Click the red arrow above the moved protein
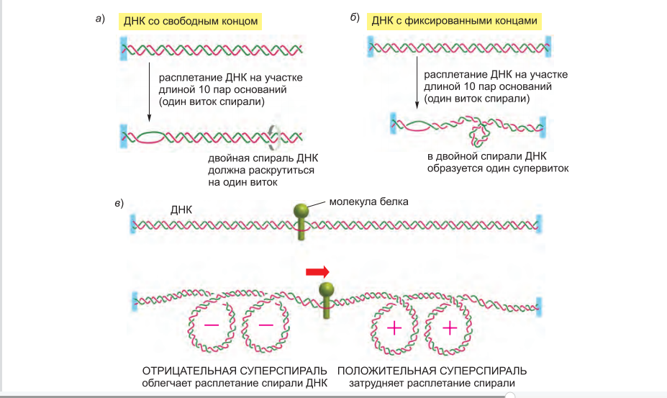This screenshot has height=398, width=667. coord(317,271)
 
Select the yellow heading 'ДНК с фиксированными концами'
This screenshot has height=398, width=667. coord(455,21)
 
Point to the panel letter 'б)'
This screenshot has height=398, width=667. coord(355,18)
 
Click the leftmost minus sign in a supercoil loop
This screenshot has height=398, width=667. coord(212,325)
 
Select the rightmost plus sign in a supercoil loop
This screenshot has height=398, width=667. coord(450,328)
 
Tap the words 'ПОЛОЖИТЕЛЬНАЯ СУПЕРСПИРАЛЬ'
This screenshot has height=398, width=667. coord(432,371)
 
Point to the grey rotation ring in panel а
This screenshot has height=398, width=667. coord(273,135)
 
